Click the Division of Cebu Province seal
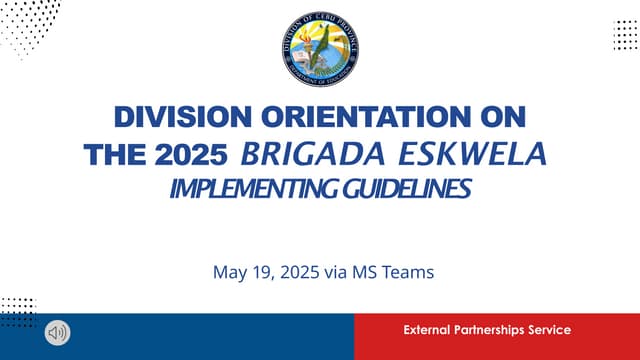click(320, 48)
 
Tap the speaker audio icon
click(58, 331)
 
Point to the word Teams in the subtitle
click(412, 271)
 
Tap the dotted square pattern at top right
click(624, 34)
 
